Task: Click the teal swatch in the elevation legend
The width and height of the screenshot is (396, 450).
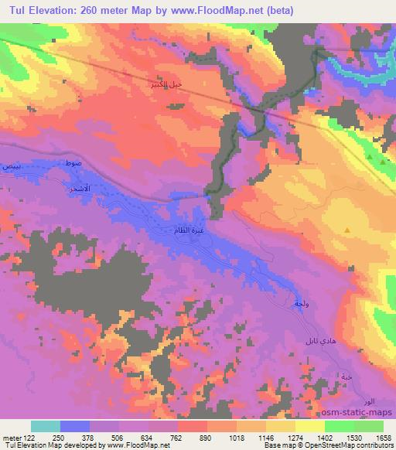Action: pyautogui.click(x=46, y=426)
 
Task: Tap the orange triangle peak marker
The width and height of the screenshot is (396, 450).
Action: pyautogui.click(x=347, y=230)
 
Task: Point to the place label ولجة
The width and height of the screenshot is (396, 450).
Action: pyautogui.click(x=302, y=304)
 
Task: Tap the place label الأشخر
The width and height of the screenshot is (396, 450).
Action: pyautogui.click(x=79, y=188)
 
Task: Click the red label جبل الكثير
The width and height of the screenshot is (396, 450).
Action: pyautogui.click(x=168, y=86)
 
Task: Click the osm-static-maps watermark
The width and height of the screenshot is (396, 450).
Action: pyautogui.click(x=363, y=413)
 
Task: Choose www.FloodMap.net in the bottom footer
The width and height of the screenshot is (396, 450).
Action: pyautogui.click(x=148, y=445)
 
